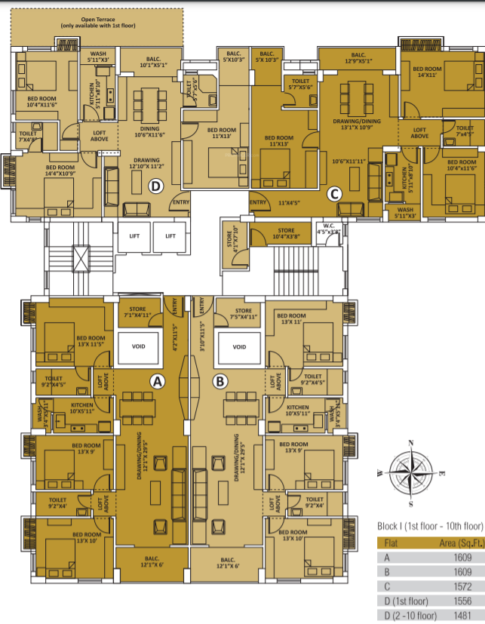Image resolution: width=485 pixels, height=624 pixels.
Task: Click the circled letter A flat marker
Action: (x=158, y=383)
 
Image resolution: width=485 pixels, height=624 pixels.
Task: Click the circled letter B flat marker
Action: (x=220, y=383)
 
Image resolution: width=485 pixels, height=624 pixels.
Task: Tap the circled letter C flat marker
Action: (x=334, y=193)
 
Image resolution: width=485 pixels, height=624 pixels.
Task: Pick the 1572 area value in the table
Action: (x=462, y=586)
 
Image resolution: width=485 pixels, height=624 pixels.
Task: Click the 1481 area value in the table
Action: (x=462, y=616)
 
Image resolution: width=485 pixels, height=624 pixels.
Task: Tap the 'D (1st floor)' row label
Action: (x=407, y=601)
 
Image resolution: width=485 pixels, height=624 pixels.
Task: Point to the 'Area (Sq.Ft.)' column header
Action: (x=456, y=542)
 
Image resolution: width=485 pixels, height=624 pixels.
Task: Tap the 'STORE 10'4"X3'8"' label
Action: (x=286, y=234)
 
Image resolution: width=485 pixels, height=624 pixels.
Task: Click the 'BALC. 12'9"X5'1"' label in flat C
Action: (x=358, y=58)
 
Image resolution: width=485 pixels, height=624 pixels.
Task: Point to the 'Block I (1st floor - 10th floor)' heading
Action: (x=429, y=525)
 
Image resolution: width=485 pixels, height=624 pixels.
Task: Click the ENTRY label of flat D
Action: (x=180, y=202)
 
